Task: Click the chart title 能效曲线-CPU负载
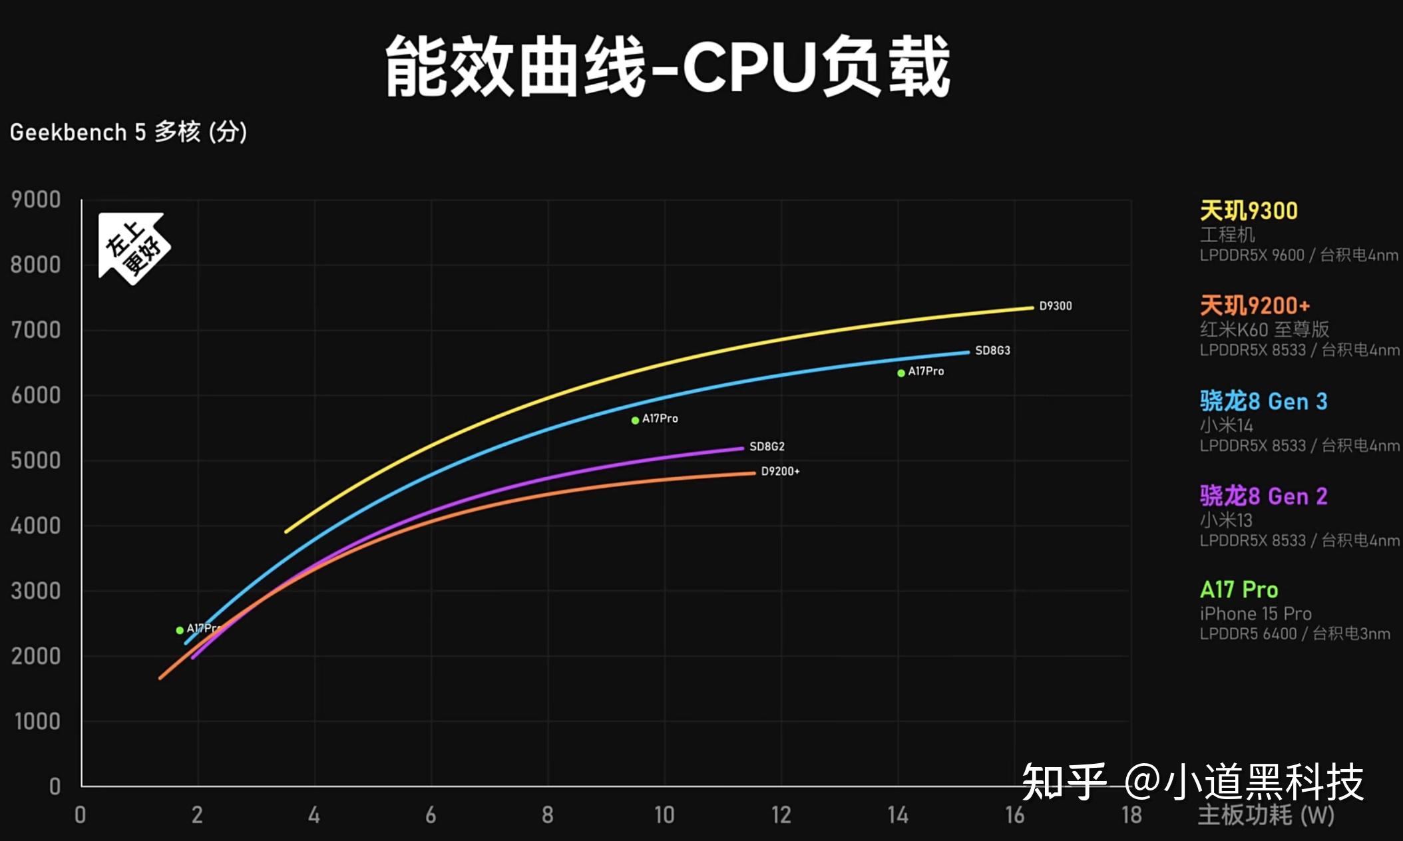click(x=668, y=67)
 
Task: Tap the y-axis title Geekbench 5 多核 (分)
click(x=128, y=132)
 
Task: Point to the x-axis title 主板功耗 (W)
click(x=1266, y=815)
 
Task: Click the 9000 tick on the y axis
click(x=36, y=200)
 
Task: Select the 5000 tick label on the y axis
click(x=36, y=460)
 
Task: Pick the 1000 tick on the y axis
click(x=37, y=721)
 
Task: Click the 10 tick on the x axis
click(x=664, y=815)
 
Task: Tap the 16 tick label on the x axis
click(x=1014, y=815)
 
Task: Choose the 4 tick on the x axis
click(x=314, y=815)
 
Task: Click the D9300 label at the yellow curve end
click(x=1056, y=306)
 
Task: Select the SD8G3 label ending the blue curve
click(x=992, y=351)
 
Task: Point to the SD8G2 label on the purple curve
click(x=767, y=446)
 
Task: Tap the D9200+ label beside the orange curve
click(x=780, y=471)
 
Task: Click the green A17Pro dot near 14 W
click(x=901, y=373)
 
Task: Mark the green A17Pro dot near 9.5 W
click(x=636, y=420)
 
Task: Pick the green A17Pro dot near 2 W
click(x=180, y=630)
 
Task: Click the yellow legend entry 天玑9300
click(x=1249, y=211)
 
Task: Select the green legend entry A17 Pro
click(x=1239, y=590)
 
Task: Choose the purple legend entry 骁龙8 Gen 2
click(x=1263, y=496)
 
